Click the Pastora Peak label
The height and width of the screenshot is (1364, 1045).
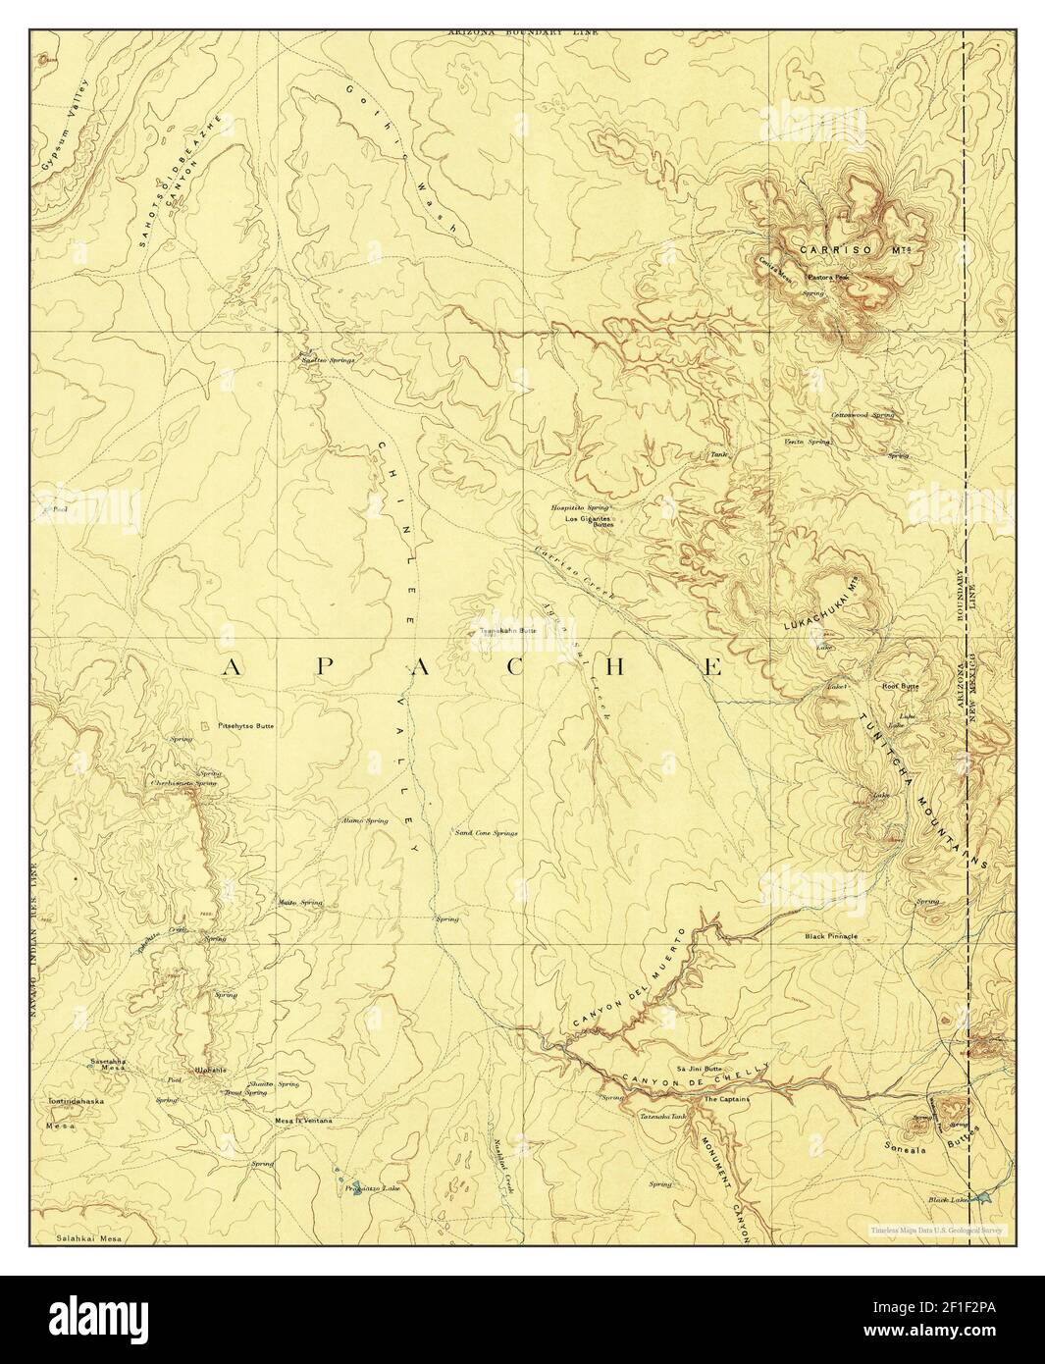click(x=826, y=278)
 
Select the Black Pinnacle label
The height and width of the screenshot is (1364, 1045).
click(x=830, y=936)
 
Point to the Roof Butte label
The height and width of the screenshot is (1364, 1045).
click(x=900, y=686)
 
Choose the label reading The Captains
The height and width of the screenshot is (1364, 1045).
click(x=726, y=1099)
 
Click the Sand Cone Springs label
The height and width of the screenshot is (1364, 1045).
click(x=486, y=832)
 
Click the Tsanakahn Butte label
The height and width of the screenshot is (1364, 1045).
click(x=506, y=631)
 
